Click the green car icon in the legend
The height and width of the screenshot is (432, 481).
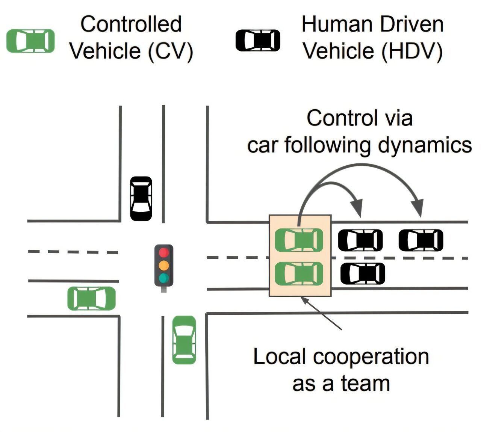pos(30,41)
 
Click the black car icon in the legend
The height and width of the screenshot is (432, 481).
pos(257,40)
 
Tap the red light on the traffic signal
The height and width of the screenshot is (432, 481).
pos(163,252)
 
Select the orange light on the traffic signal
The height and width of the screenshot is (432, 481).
pos(163,265)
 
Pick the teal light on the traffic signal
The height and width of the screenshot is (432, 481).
pos(163,278)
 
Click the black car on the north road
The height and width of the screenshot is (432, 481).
pos(141,198)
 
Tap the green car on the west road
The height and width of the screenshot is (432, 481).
pos(91,298)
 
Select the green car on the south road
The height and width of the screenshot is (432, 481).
pos(184,340)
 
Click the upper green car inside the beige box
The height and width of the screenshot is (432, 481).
pos(299,240)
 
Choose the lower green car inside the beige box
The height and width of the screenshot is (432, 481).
pos(299,273)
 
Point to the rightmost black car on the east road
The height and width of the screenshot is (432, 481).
pos(421,240)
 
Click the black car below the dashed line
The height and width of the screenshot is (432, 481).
pos(363,273)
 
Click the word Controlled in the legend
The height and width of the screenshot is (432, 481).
pos(131,24)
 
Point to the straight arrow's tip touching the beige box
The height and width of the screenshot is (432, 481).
pos(301,297)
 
